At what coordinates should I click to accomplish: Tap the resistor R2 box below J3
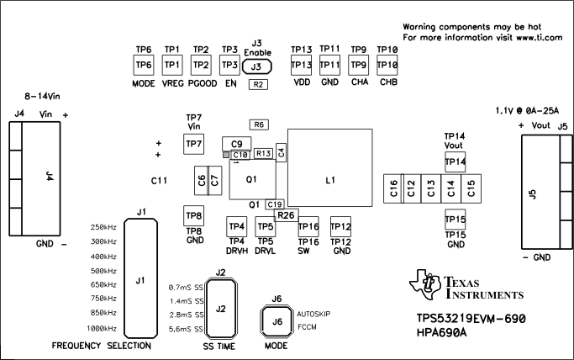pyautogui.click(x=258, y=85)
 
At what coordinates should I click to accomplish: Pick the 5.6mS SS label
pyautogui.click(x=187, y=328)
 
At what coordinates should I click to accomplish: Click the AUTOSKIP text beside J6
pyautogui.click(x=313, y=314)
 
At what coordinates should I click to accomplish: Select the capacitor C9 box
pyautogui.click(x=237, y=143)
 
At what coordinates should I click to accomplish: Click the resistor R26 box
pyautogui.click(x=286, y=215)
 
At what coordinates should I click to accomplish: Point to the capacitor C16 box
pyautogui.click(x=392, y=188)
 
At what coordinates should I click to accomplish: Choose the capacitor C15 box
pyautogui.click(x=471, y=188)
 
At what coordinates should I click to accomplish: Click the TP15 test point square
pyautogui.click(x=455, y=220)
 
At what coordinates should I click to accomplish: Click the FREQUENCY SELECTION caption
pyautogui.click(x=101, y=346)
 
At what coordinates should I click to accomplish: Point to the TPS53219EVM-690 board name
pyautogui.click(x=470, y=320)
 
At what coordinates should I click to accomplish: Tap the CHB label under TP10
pyautogui.click(x=387, y=83)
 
